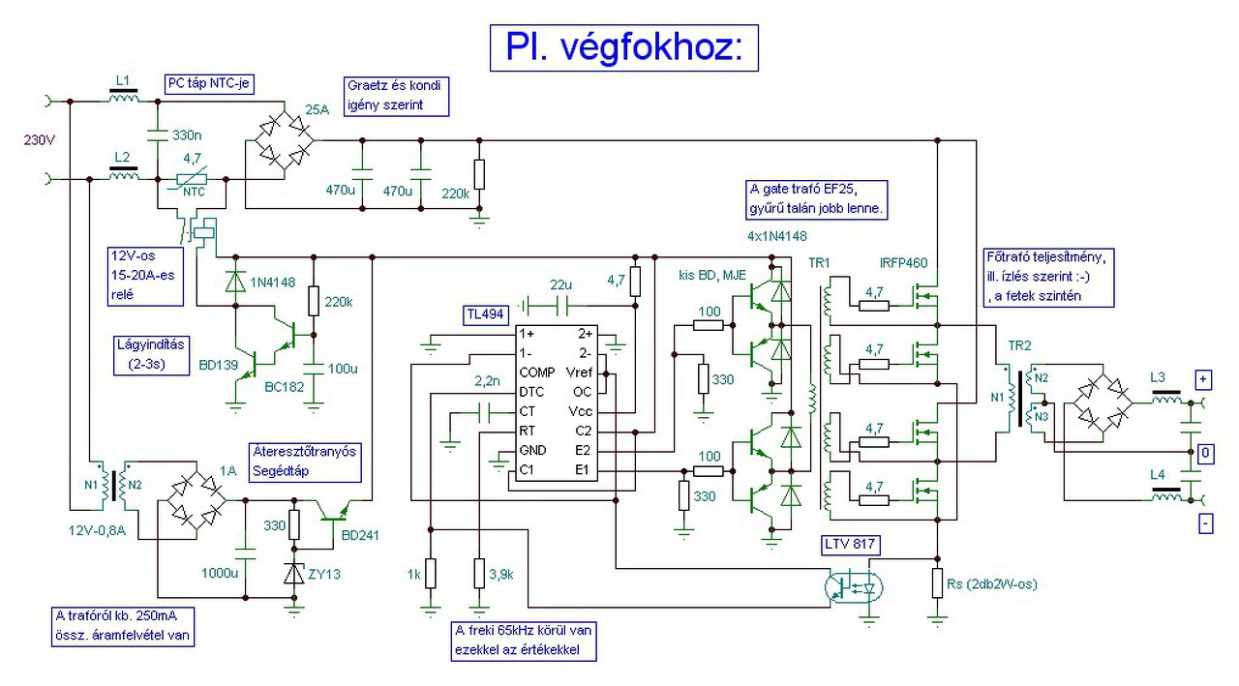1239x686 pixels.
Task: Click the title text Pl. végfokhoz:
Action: pyautogui.click(x=624, y=46)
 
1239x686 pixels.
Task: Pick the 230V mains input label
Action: pyautogui.click(x=41, y=139)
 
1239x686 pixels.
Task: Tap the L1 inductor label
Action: pyautogui.click(x=122, y=79)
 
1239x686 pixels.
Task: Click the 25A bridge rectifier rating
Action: pyautogui.click(x=317, y=109)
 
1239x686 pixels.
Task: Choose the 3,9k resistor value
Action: pyautogui.click(x=502, y=574)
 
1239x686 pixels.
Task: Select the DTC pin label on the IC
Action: pyautogui.click(x=531, y=392)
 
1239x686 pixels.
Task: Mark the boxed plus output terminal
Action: pyautogui.click(x=1204, y=378)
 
